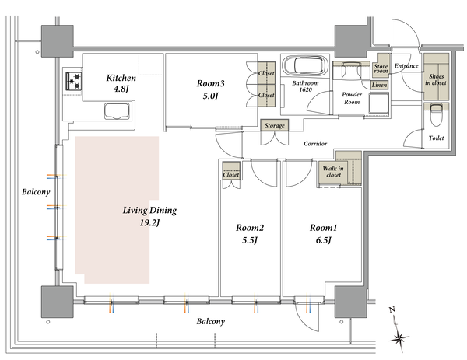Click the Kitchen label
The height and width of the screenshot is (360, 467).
[121, 78]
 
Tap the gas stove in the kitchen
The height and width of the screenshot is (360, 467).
[74, 81]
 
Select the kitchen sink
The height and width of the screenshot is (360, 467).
[118, 111]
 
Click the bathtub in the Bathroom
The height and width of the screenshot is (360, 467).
[305, 65]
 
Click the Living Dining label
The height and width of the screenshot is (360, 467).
[149, 211]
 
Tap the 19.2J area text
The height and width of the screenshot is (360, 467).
[149, 222]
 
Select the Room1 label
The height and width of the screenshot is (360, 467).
[323, 228]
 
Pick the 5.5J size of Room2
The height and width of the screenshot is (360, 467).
[250, 240]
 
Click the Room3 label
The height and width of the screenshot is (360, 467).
[210, 83]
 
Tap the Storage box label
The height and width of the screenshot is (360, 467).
[275, 125]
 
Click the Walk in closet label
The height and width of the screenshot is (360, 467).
[333, 172]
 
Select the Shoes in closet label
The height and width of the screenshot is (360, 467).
[436, 79]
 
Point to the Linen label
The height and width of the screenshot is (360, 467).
[380, 85]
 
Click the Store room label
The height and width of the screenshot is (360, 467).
[381, 68]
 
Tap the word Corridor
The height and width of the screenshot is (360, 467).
[315, 144]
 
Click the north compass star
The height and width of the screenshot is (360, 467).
[399, 338]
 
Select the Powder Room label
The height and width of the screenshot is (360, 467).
[352, 98]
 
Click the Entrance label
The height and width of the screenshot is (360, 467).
[406, 66]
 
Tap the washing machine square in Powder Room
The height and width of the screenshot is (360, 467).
[379, 103]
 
